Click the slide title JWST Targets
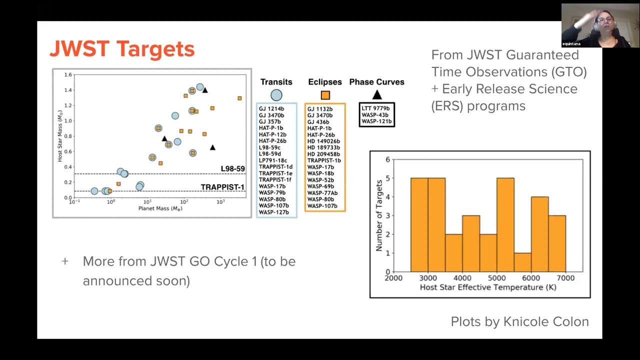[122, 49]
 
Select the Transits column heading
[276, 82]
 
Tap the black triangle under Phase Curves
[377, 94]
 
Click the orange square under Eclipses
[325, 95]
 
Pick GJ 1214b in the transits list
[271, 108]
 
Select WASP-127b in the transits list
[273, 212]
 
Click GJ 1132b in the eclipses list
[319, 109]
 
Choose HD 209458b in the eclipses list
[323, 154]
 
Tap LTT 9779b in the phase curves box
[375, 108]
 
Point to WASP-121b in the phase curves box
[376, 121]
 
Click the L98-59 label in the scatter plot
[232, 168]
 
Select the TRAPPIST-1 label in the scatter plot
[222, 187]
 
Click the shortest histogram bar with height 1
[522, 262]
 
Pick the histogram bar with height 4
[539, 234]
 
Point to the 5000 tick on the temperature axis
[496, 278]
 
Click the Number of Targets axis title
[379, 215]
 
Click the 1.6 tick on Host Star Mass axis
[68, 75]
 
